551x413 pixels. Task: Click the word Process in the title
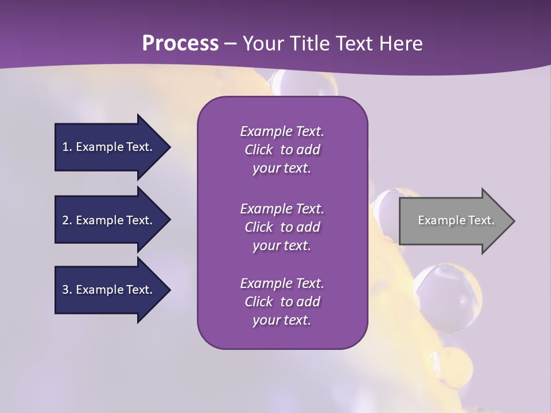click(x=180, y=44)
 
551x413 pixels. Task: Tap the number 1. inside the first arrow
click(x=67, y=147)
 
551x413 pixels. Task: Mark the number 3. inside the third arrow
click(x=67, y=290)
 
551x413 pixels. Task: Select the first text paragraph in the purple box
click(x=282, y=150)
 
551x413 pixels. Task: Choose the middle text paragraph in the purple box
click(x=282, y=227)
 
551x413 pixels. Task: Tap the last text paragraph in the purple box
click(x=282, y=302)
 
